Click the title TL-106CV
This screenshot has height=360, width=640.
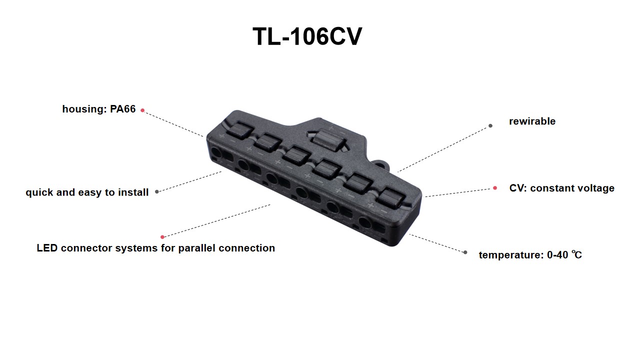tap(307, 37)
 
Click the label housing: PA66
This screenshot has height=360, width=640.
tap(99, 109)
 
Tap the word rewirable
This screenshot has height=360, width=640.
tap(532, 121)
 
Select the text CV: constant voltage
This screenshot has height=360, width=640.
tap(561, 188)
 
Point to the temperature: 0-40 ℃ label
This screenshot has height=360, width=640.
tap(530, 255)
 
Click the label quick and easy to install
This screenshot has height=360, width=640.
tap(87, 192)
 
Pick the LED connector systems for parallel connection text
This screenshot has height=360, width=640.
tap(155, 248)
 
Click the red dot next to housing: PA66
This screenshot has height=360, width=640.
tap(142, 110)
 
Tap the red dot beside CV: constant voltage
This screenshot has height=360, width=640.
tap(495, 188)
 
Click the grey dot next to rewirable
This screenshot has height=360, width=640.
tap(490, 125)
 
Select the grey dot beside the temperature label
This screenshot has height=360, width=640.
tap(465, 252)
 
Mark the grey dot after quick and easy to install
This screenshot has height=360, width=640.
tap(157, 191)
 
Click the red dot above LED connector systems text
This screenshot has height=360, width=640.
tap(162, 237)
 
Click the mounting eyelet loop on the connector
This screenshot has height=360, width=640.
tap(381, 163)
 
